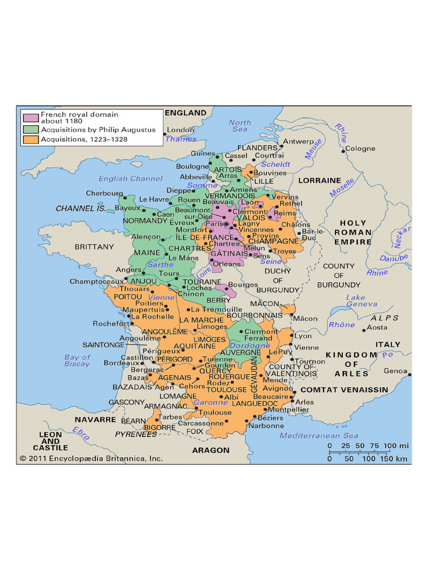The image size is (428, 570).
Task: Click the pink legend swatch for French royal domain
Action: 31,117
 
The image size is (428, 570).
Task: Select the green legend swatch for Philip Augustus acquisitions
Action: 31,129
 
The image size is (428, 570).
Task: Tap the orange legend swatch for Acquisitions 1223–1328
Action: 31,139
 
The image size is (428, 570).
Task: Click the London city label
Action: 181,130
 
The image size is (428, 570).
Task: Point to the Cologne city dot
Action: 342,149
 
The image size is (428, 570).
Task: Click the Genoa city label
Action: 395,371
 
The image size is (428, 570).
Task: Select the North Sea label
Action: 240,126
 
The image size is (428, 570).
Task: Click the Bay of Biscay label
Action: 77,361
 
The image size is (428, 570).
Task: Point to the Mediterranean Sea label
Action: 319,436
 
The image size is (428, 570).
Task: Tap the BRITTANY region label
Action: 94,247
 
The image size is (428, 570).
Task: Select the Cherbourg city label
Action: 104,194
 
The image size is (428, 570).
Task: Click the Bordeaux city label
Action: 117,363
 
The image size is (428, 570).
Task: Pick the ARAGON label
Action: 211,450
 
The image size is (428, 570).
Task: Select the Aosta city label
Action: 377,328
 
